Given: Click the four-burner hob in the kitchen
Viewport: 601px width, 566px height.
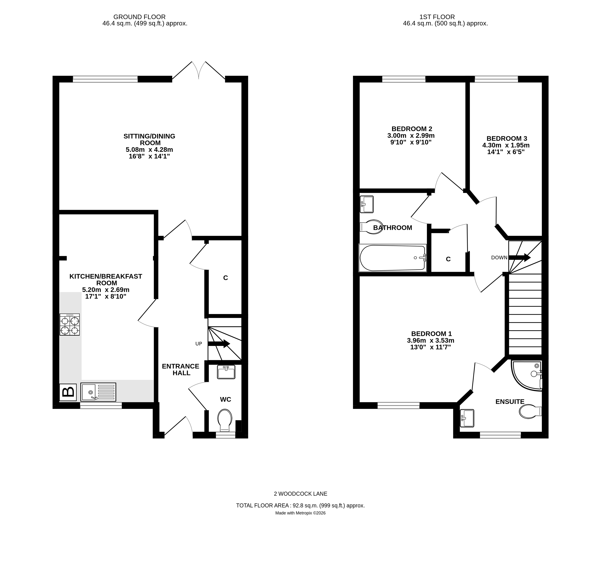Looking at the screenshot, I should pos(70,325).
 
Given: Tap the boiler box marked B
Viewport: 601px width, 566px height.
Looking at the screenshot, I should pos(68,392).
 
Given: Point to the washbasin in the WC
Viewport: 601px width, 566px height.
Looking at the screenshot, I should pos(226,372).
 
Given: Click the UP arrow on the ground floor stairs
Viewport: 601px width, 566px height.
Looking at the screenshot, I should pos(219,344).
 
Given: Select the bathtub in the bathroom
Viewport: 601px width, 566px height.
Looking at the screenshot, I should pos(392,258).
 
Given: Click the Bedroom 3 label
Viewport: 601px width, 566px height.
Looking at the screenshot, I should pos(507,138).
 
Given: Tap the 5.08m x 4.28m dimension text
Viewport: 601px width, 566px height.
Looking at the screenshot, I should pos(149,150).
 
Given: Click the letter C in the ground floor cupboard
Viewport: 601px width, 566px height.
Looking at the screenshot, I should pos(226,278).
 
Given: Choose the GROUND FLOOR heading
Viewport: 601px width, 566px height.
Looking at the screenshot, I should pos(139,17).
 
